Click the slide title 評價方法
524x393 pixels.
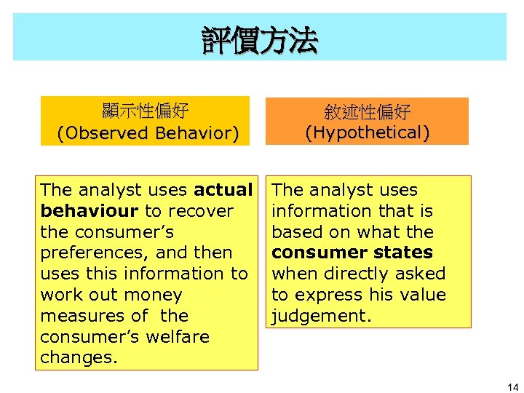pos(260,41)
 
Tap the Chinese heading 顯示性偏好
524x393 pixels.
pos(146,111)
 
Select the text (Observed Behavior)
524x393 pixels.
pos(148,133)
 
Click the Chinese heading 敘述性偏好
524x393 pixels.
pos(368,112)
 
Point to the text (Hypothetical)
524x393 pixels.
pos(368,132)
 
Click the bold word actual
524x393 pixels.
pos(223,190)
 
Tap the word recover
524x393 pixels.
pos(200,211)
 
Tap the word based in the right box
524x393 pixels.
pos(294,232)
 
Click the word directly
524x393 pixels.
pos(357,274)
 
